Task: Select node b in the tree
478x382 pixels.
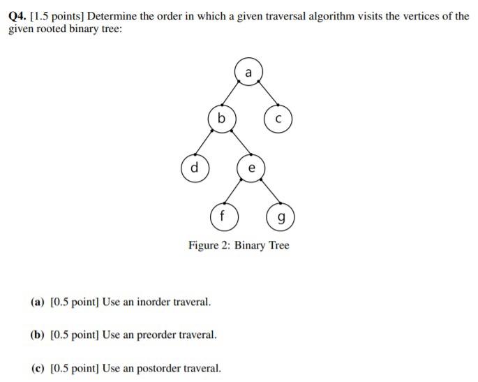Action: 221,119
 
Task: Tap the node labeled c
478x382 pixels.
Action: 278,119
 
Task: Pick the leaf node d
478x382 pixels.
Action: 195,168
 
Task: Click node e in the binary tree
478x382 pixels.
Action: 251,168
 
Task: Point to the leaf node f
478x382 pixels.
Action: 223,216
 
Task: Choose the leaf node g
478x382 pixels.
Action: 280,217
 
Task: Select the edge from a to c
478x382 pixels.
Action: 264,95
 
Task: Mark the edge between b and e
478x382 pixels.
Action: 236,143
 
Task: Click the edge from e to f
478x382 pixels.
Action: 237,192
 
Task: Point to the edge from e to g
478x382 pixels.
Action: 265,193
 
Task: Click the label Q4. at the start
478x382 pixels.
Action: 17,15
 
